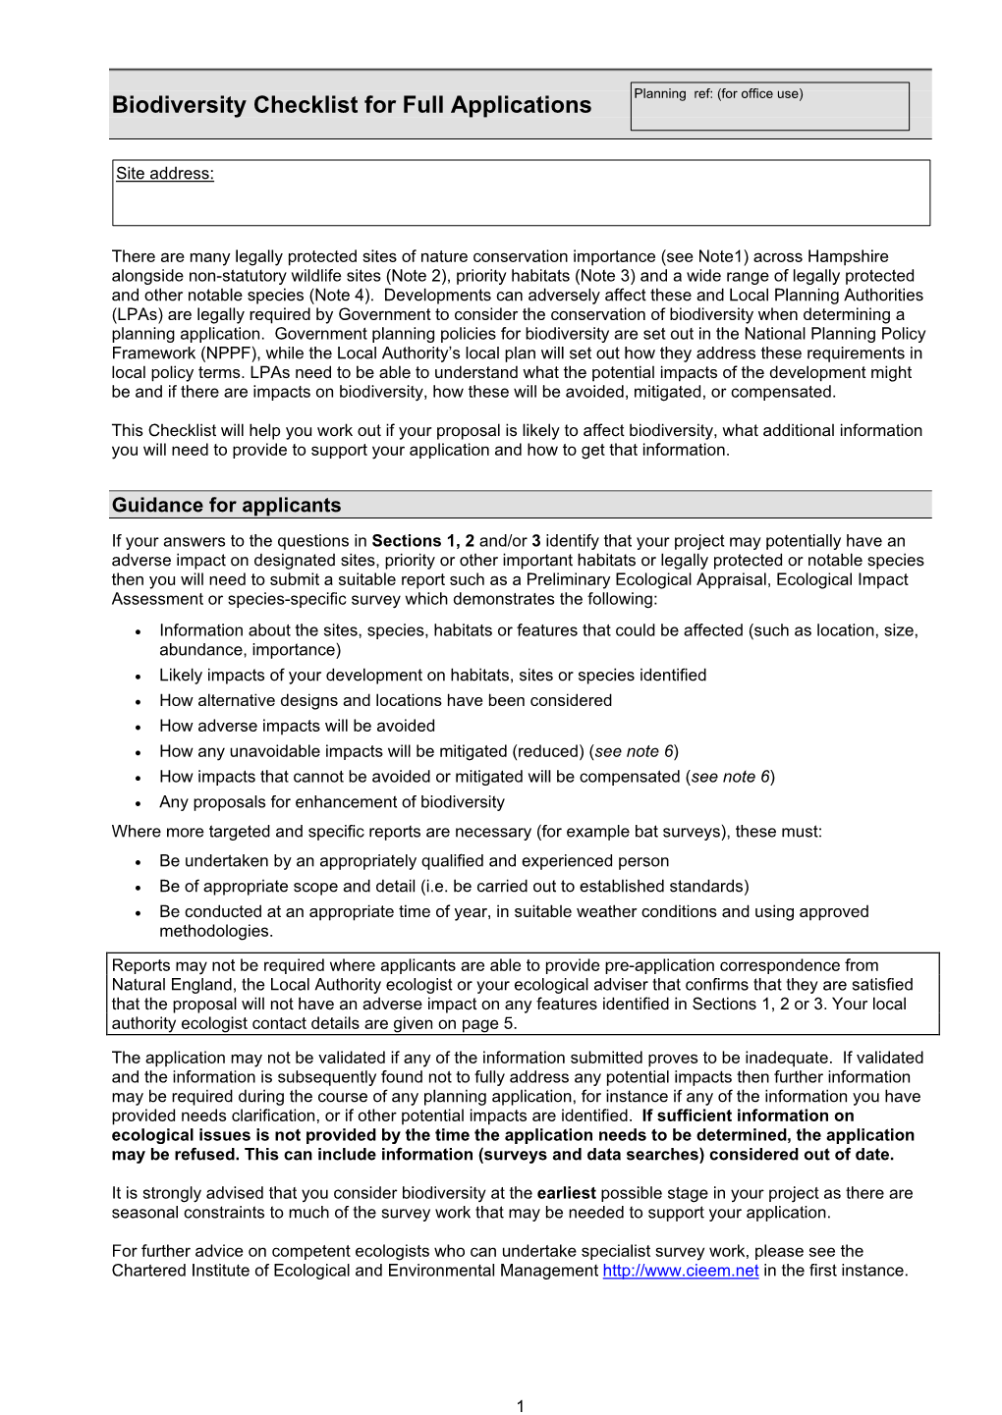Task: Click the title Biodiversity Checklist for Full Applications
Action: [x=351, y=105]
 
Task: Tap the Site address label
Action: [x=164, y=174]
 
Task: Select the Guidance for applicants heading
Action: [x=226, y=505]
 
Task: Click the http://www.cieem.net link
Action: [x=680, y=1271]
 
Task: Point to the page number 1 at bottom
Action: [x=520, y=1405]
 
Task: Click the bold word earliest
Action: [x=566, y=1193]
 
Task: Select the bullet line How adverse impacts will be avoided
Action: [x=297, y=726]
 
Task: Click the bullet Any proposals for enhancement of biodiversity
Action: [x=331, y=802]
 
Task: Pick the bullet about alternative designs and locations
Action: [x=385, y=700]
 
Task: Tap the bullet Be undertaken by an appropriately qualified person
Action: [x=414, y=861]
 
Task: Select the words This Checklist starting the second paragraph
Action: [x=155, y=431]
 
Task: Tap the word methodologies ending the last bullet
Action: [x=215, y=931]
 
